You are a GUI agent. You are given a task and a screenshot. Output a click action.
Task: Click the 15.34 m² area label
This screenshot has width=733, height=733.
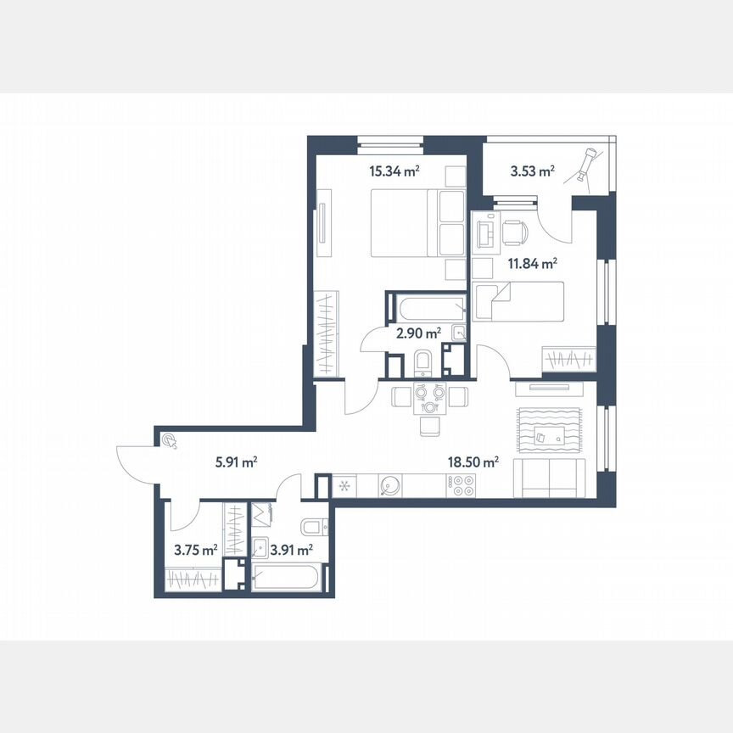[394, 171]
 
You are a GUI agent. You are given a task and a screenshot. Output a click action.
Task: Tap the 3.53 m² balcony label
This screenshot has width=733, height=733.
[532, 171]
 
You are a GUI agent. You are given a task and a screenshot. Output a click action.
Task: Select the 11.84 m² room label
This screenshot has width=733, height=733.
[532, 263]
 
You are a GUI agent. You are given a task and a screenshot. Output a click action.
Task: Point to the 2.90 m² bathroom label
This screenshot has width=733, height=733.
[419, 333]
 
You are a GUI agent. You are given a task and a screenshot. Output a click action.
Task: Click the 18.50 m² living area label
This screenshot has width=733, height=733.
[473, 462]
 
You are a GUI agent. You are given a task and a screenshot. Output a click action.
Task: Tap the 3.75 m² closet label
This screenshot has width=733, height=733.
[195, 550]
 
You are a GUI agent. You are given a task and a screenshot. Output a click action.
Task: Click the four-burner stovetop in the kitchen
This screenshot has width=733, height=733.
[462, 485]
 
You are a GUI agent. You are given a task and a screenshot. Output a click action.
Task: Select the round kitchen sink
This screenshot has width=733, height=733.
[390, 485]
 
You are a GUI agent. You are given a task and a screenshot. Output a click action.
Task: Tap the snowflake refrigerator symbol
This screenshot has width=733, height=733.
[344, 486]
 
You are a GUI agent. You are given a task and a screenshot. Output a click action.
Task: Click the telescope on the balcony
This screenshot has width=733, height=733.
[587, 164]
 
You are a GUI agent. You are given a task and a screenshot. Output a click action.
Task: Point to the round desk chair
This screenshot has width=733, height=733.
[516, 230]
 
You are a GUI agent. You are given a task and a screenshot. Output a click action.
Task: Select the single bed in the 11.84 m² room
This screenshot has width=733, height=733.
[518, 302]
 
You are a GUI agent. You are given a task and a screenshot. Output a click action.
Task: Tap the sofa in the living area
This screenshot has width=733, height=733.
[552, 480]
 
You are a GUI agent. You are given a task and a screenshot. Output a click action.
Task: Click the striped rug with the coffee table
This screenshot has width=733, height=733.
[548, 432]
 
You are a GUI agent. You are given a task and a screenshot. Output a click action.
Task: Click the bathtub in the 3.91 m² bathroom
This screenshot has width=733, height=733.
[288, 579]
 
